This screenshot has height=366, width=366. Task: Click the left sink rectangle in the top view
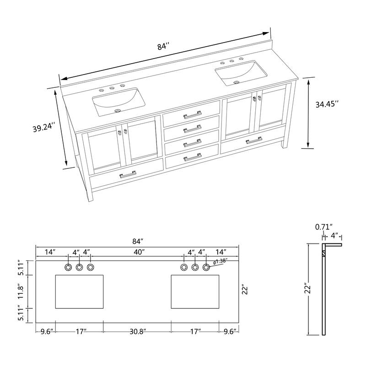pyautogui.click(x=79, y=292)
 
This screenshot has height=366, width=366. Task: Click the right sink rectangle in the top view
pyautogui.click(x=195, y=292)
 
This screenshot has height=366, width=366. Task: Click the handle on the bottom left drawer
pyautogui.click(x=128, y=174)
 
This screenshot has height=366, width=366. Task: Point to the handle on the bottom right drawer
pyautogui.click(x=254, y=140)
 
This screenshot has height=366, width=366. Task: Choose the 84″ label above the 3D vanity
pyautogui.click(x=163, y=46)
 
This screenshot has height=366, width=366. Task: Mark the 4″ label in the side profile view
pyautogui.click(x=334, y=236)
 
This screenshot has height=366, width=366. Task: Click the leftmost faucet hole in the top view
pyautogui.click(x=68, y=267)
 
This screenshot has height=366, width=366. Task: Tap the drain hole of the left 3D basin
pyautogui.click(x=118, y=110)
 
